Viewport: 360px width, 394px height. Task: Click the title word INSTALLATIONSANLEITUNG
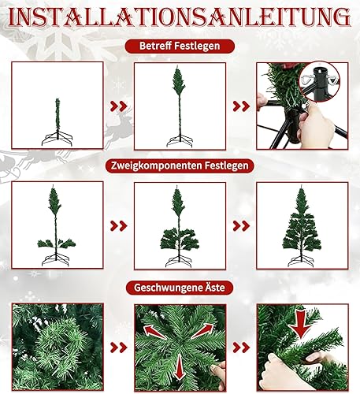click(x=180, y=17)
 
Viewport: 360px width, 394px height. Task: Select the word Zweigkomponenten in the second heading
click(x=157, y=165)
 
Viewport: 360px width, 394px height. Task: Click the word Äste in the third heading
click(x=214, y=288)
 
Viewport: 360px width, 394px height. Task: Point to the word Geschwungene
click(x=167, y=288)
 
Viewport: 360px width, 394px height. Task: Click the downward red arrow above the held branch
click(x=301, y=325)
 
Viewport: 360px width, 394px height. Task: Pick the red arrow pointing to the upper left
click(x=154, y=332)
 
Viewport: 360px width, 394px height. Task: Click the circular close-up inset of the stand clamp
click(x=320, y=82)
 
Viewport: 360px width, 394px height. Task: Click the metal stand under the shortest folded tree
click(x=57, y=139)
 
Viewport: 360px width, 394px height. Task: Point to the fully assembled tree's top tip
click(x=301, y=186)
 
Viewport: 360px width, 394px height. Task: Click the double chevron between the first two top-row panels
click(x=119, y=106)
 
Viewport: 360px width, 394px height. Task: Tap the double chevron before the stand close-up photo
click(x=241, y=106)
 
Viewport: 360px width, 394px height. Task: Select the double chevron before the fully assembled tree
click(x=241, y=226)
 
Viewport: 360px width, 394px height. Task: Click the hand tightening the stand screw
click(x=316, y=126)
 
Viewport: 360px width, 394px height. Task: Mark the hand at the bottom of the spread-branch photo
click(x=220, y=373)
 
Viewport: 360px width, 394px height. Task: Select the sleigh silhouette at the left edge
click(x=9, y=168)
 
